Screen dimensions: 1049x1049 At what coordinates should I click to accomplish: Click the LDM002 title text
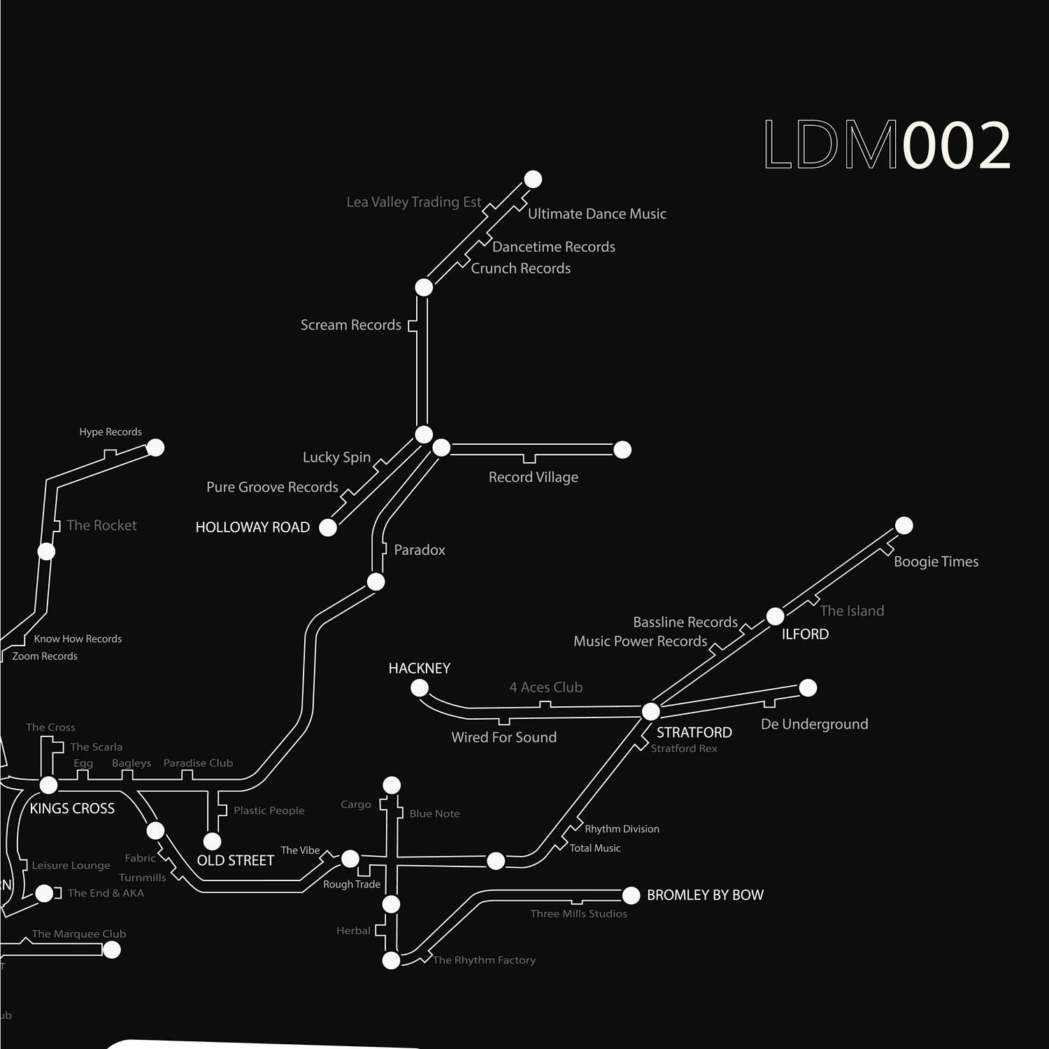(x=887, y=145)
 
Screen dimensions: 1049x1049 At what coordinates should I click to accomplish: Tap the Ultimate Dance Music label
(x=597, y=214)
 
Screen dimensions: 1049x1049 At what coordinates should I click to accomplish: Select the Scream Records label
(x=350, y=325)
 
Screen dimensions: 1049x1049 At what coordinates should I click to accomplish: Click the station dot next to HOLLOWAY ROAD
(x=328, y=527)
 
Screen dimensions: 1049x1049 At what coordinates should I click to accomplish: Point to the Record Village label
(x=533, y=477)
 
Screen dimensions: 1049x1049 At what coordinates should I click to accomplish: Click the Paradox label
(x=419, y=550)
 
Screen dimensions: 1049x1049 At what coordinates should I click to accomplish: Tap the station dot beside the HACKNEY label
(x=420, y=688)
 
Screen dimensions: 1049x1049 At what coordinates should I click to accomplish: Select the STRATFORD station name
(x=694, y=732)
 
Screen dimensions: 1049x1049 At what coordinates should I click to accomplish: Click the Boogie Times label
(x=936, y=562)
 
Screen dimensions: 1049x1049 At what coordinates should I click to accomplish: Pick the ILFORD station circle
(x=775, y=616)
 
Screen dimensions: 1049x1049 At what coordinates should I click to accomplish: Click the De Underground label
(x=814, y=724)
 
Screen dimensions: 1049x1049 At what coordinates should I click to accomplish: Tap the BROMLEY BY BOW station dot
(x=631, y=895)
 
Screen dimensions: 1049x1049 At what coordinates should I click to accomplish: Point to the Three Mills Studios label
(x=578, y=914)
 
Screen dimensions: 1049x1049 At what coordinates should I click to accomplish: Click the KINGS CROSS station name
(x=72, y=808)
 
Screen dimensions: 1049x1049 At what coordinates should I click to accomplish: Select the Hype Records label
(x=110, y=432)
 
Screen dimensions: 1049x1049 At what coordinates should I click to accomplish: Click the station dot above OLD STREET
(x=212, y=841)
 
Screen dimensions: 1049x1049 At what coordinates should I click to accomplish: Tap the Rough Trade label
(x=351, y=885)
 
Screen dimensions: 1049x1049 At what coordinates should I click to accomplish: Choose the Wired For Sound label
(x=504, y=737)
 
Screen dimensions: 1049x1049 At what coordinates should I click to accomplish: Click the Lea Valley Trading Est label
(x=413, y=202)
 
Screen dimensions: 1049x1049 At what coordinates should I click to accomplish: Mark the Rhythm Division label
(x=622, y=829)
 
